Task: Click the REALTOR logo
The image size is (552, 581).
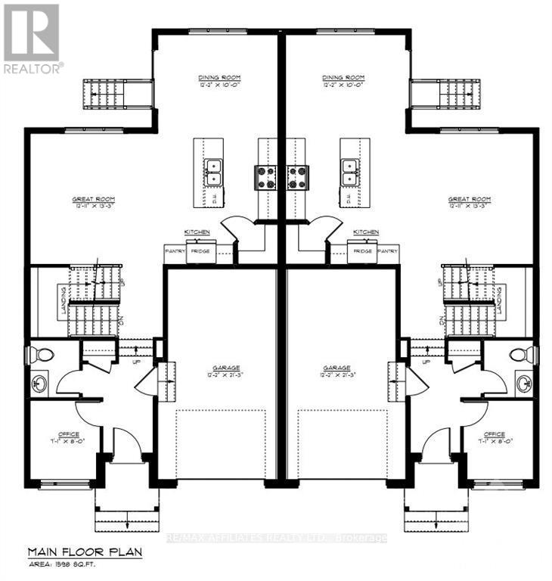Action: [x=32, y=38]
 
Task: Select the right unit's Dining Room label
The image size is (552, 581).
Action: [x=343, y=78]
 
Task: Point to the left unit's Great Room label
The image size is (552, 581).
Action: [x=93, y=199]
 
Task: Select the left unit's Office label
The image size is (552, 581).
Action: [x=64, y=434]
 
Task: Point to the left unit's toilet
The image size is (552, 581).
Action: [x=42, y=354]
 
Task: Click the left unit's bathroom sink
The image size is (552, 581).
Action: [x=39, y=384]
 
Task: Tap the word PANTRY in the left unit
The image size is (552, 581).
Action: [x=175, y=250]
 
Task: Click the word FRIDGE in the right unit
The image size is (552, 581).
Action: [x=361, y=250]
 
